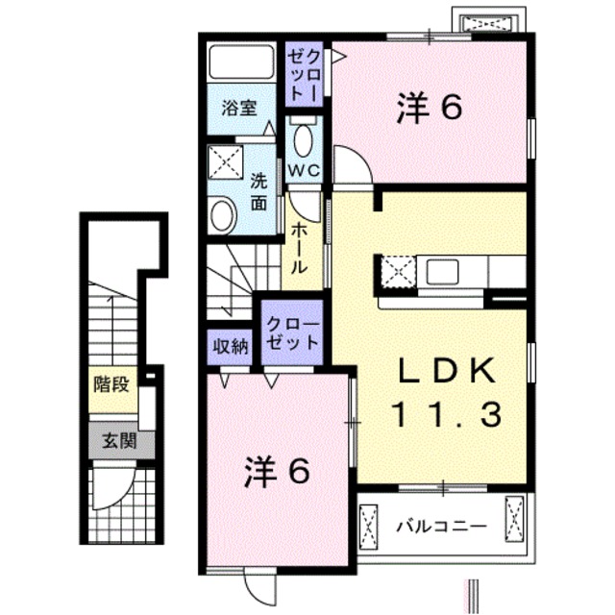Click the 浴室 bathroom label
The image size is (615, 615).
(239, 109)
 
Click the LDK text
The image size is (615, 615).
(446, 370)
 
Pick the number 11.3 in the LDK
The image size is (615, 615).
(446, 414)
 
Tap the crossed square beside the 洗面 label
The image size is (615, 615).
(227, 162)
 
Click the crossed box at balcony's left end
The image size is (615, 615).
(370, 525)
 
